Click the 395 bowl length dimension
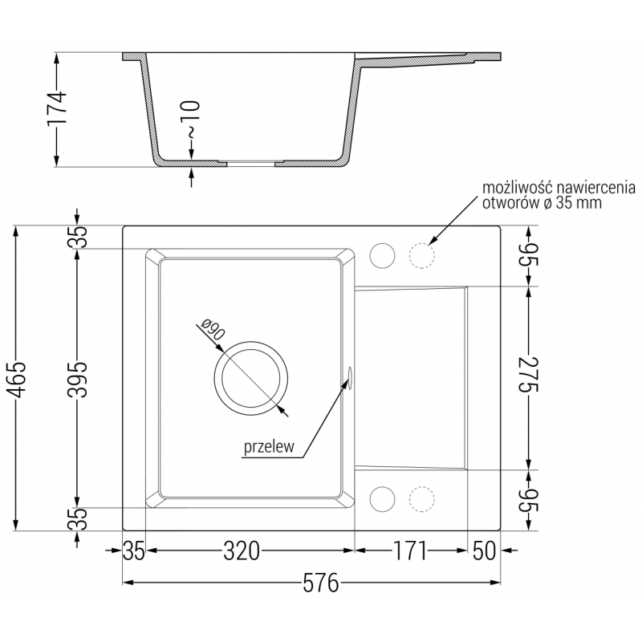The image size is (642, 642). (x=77, y=378)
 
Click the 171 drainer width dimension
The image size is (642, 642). (x=409, y=551)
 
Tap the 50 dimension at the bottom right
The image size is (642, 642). (x=483, y=551)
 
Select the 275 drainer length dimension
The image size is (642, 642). (x=530, y=376)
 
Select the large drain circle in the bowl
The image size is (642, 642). (x=250, y=378)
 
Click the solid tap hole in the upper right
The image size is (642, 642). (x=382, y=256)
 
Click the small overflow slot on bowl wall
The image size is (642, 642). (x=350, y=378)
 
